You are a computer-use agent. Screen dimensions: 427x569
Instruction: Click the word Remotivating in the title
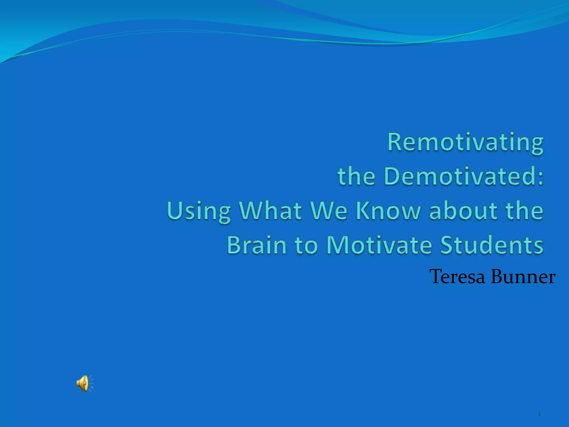tap(465, 142)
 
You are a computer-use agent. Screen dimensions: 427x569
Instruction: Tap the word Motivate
tap(379, 245)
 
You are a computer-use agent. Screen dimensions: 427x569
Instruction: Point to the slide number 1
tap(539, 414)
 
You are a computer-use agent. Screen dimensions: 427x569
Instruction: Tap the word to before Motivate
tap(306, 245)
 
